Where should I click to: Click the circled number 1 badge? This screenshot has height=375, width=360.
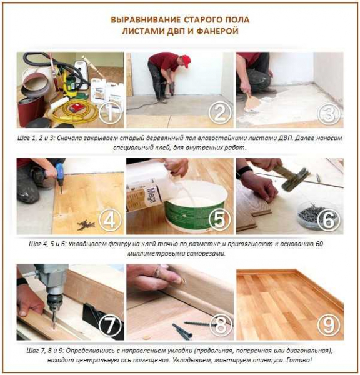coord(110,113)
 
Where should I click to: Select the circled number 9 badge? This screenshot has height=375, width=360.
coord(329,325)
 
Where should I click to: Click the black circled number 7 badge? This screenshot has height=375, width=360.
coord(110,325)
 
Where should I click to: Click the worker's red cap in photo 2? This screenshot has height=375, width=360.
coord(186,61)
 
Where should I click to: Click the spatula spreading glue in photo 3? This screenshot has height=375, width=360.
coord(252,101)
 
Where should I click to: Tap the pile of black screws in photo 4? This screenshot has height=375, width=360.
coord(86,224)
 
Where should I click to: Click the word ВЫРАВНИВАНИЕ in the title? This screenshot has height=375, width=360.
coord(146,20)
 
